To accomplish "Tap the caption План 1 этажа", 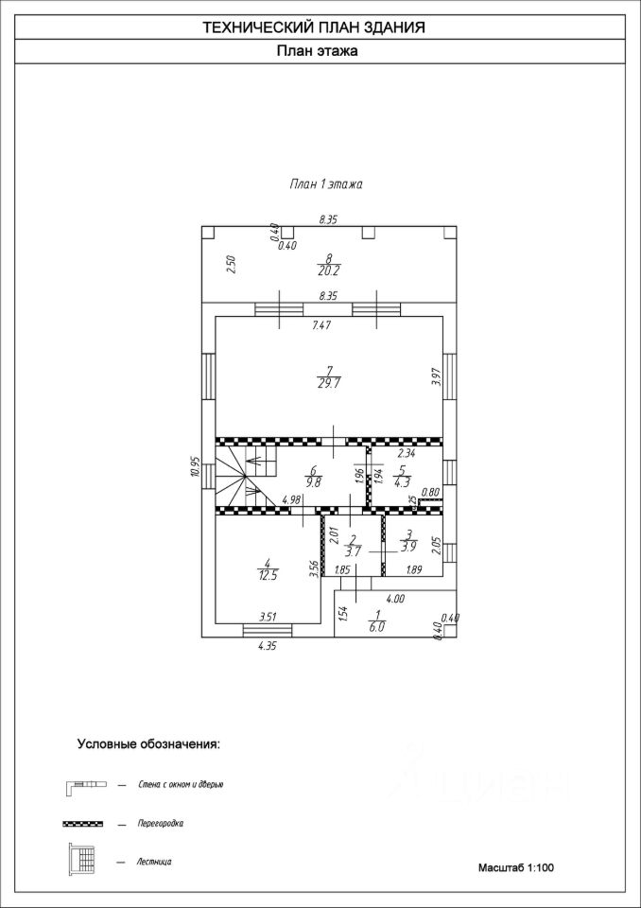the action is pos(325,184).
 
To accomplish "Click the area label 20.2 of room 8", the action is pos(328,271).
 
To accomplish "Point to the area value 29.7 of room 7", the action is pos(328,384).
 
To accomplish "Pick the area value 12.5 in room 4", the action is pos(268,575).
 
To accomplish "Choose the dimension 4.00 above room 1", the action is pos(394,598).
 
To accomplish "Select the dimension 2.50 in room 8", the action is pos(231,264).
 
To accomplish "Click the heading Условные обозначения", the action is pos(148,744).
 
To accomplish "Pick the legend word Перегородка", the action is pos(161,823).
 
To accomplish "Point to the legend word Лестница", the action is pos(154,862).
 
